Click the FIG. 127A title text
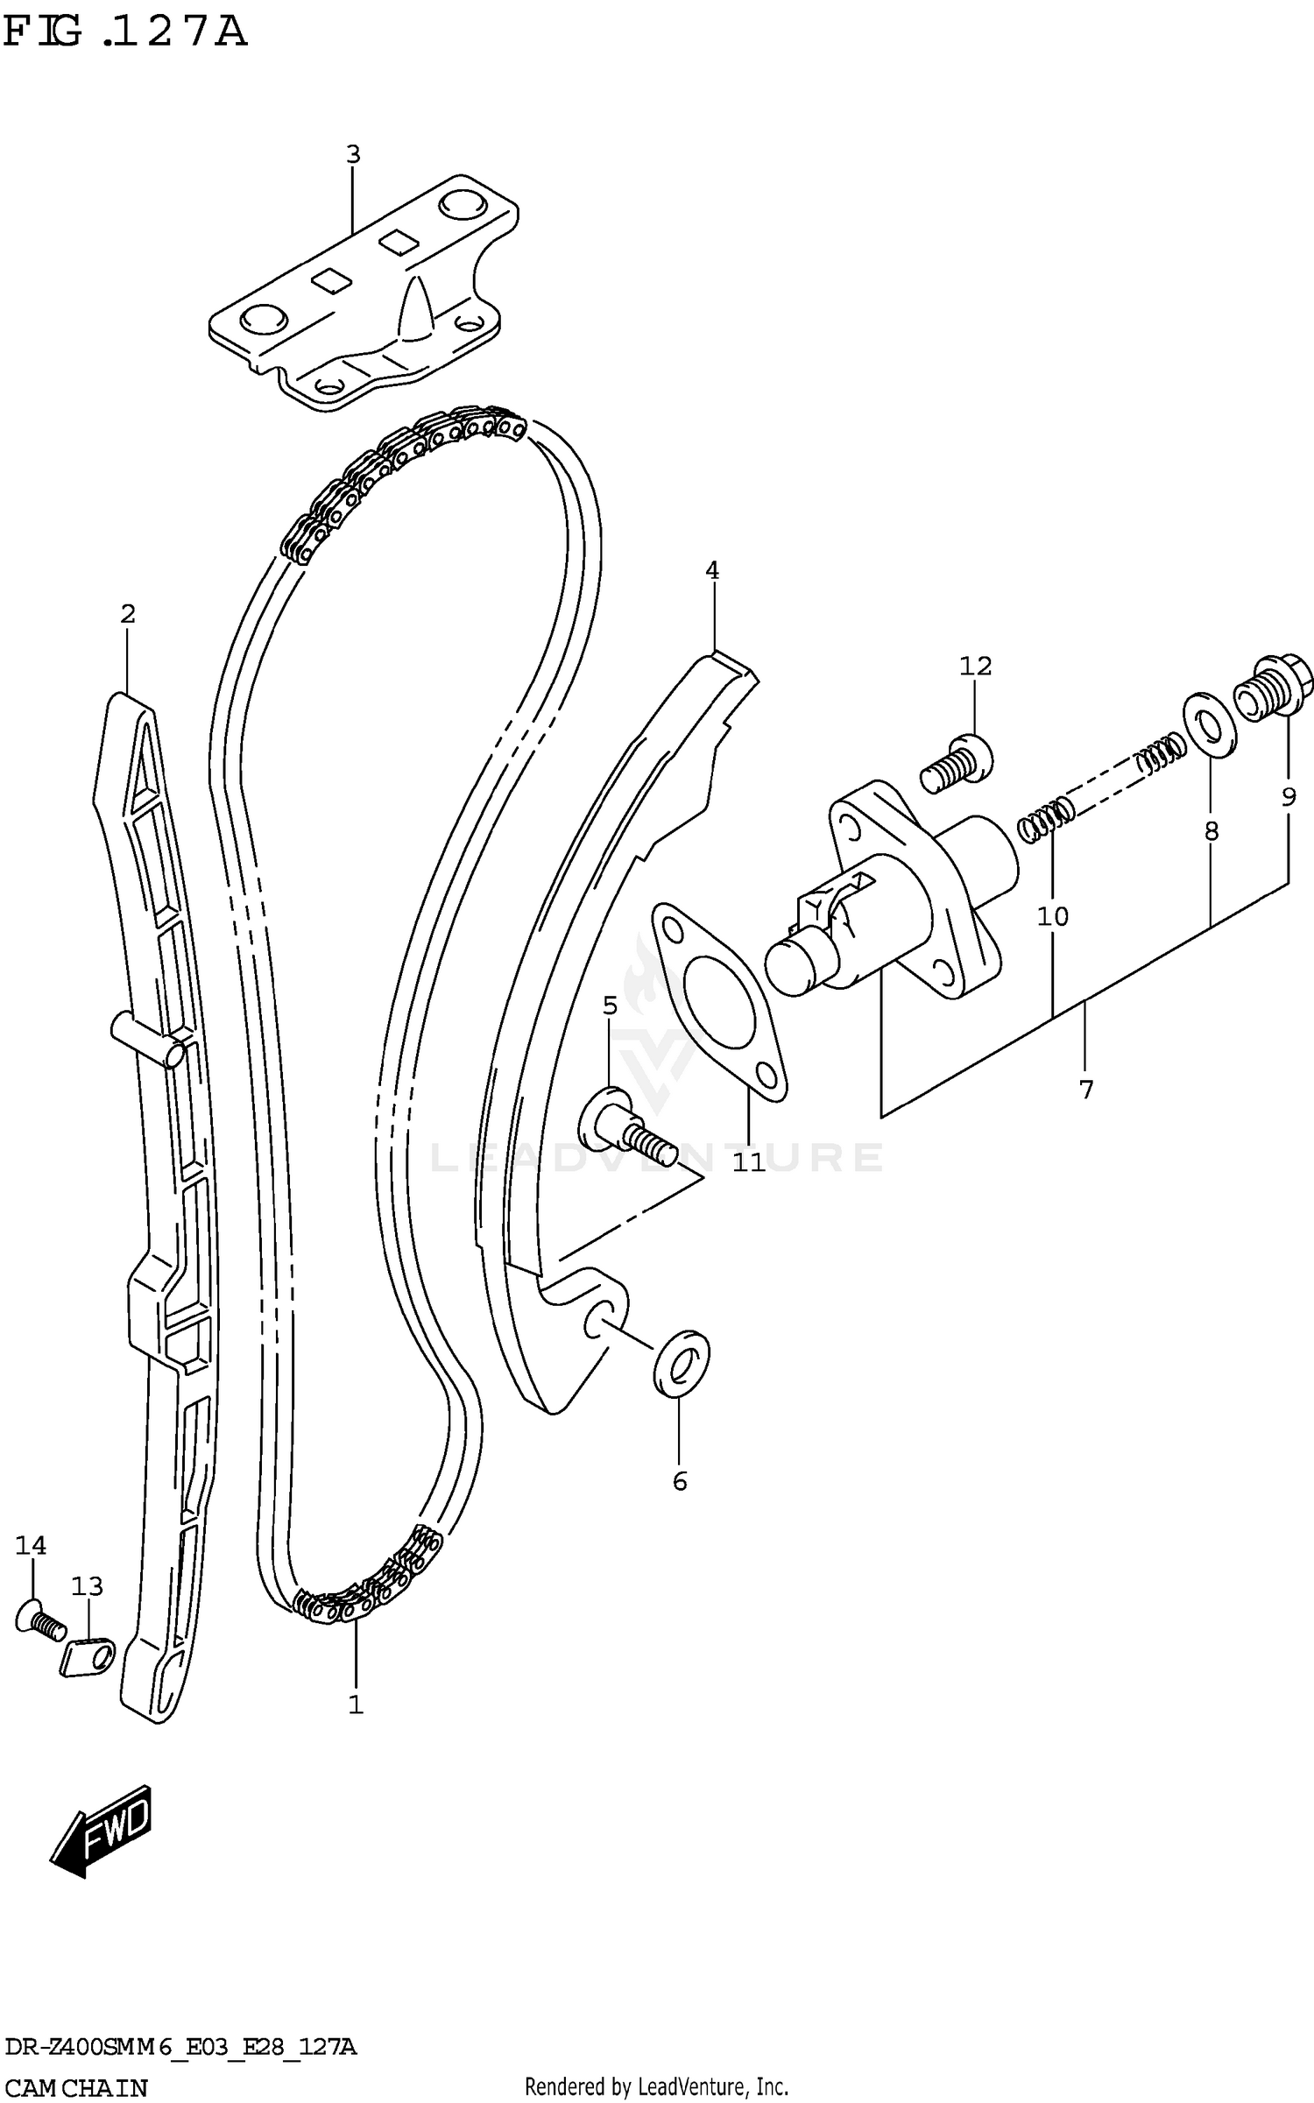click(124, 33)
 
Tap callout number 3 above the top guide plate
click(352, 155)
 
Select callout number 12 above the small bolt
click(975, 667)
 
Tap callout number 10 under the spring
click(1052, 917)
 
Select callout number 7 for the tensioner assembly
click(1086, 1090)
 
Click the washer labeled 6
click(681, 1363)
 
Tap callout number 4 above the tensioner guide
click(712, 571)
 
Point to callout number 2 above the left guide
click(128, 614)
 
